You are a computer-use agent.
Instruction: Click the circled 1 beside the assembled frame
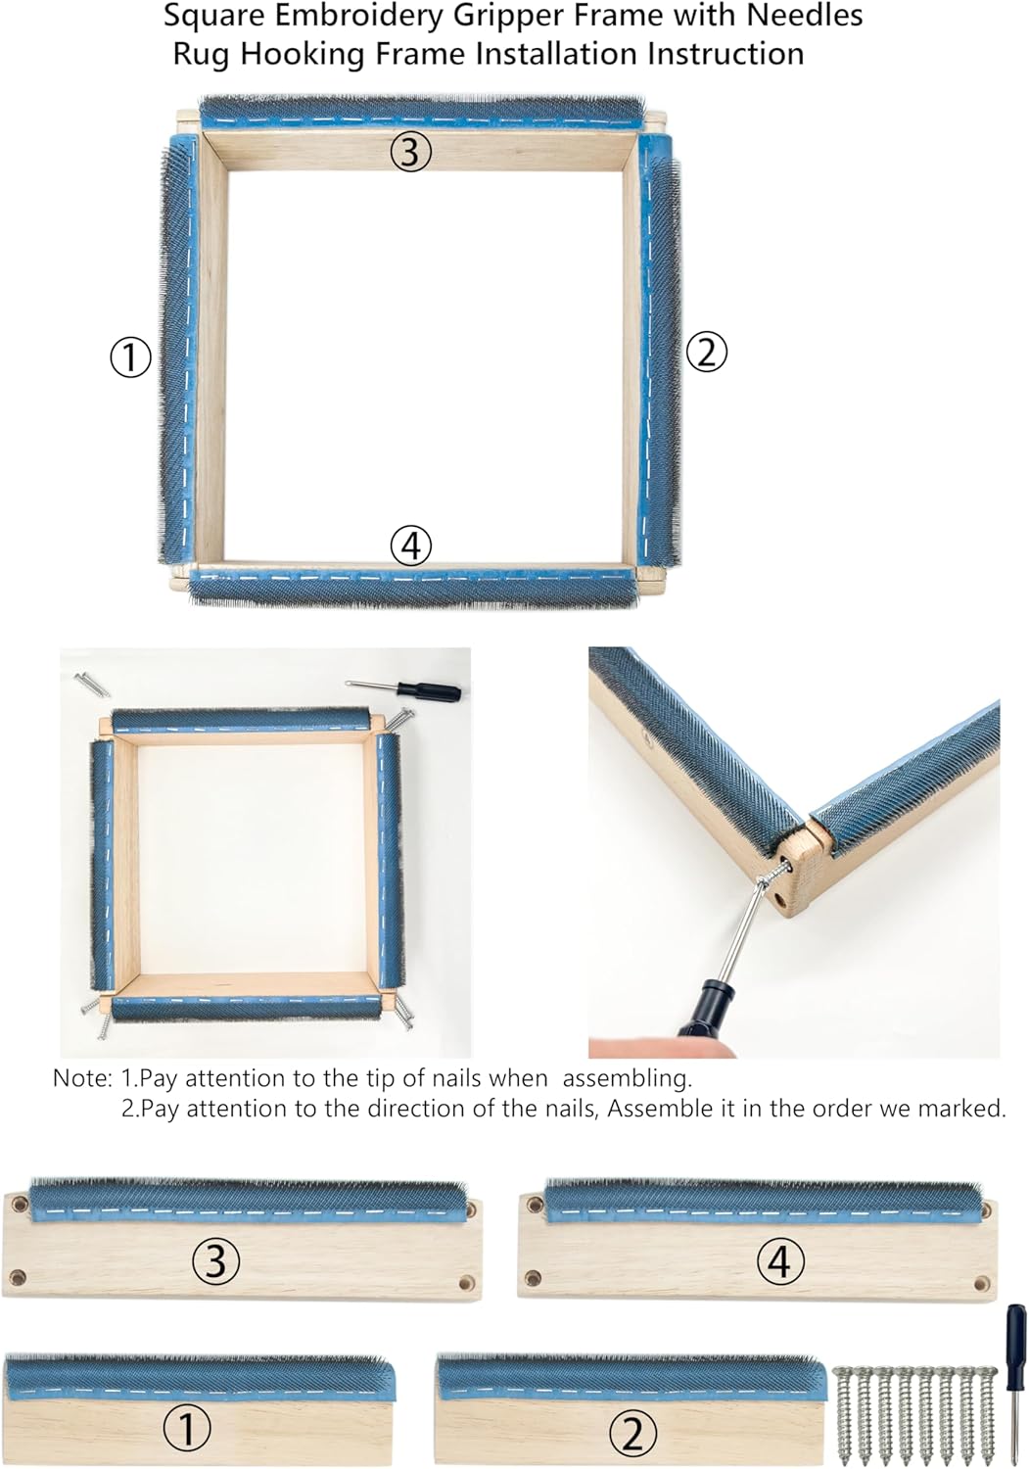coord(129,357)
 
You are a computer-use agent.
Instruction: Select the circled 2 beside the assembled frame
coord(706,352)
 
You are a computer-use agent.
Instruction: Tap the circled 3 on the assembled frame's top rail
coord(410,152)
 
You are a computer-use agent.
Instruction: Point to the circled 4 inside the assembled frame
coord(410,545)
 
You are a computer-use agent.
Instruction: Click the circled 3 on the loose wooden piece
coord(215,1260)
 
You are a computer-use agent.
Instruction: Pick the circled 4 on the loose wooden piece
coord(779,1260)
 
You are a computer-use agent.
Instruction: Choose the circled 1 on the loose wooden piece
coord(186,1430)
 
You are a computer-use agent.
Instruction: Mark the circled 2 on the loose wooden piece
coord(631,1434)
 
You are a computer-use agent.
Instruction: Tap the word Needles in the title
coord(811,16)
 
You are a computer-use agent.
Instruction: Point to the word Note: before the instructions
coord(82,1078)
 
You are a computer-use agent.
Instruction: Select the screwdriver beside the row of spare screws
coord(1016,1381)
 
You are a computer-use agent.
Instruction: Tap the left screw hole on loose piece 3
coord(17,1277)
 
